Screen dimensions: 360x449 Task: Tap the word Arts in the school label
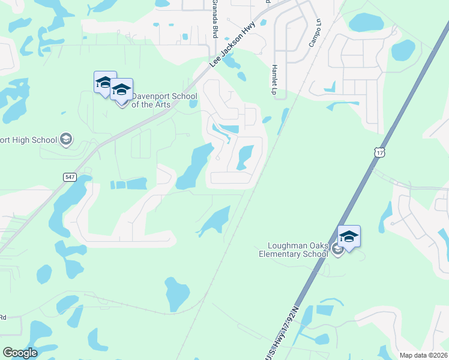(161, 105)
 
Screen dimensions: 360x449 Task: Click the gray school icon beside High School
(66, 140)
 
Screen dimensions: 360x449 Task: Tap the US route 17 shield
(379, 153)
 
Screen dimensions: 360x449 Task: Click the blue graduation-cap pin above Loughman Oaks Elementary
(349, 236)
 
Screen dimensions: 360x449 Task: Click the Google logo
(20, 353)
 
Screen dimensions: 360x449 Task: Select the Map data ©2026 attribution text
(423, 355)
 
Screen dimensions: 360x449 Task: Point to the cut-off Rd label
(3, 317)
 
